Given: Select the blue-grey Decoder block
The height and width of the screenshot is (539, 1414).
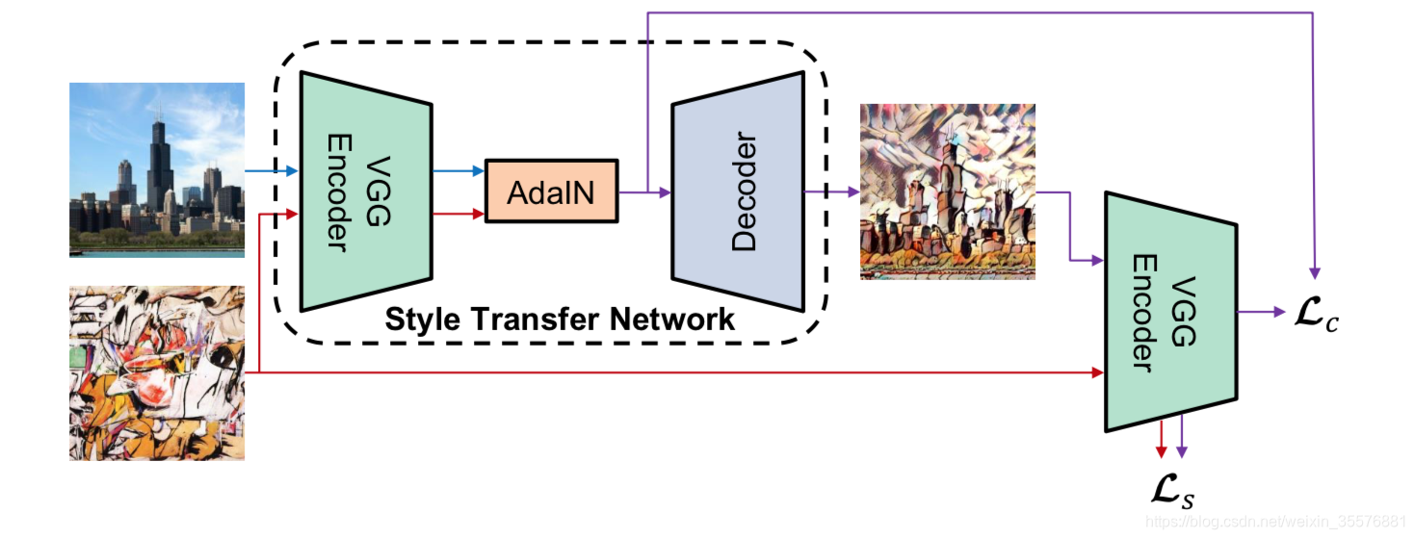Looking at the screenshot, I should pos(738,192).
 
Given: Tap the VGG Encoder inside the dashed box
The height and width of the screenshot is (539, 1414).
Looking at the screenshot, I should pos(366,191).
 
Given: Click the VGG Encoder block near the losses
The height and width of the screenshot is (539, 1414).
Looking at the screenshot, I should pos(1170,312).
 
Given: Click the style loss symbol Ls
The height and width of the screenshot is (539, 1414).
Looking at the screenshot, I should pos(1174,492).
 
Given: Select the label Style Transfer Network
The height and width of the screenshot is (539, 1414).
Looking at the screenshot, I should pos(560,319).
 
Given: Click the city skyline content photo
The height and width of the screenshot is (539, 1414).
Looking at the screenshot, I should pos(157,169).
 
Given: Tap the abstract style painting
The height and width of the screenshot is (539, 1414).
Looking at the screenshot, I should pos(157,372).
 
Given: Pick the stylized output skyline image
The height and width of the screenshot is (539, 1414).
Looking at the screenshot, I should pos(948,192).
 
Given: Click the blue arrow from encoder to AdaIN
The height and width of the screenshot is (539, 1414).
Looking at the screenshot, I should pos(458,171).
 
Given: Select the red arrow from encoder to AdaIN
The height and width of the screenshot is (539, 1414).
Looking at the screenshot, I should pos(458,214).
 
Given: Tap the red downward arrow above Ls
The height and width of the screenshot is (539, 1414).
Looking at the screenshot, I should pos(1162,438).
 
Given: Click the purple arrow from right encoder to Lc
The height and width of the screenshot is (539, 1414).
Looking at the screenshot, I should pos(1261,312).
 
